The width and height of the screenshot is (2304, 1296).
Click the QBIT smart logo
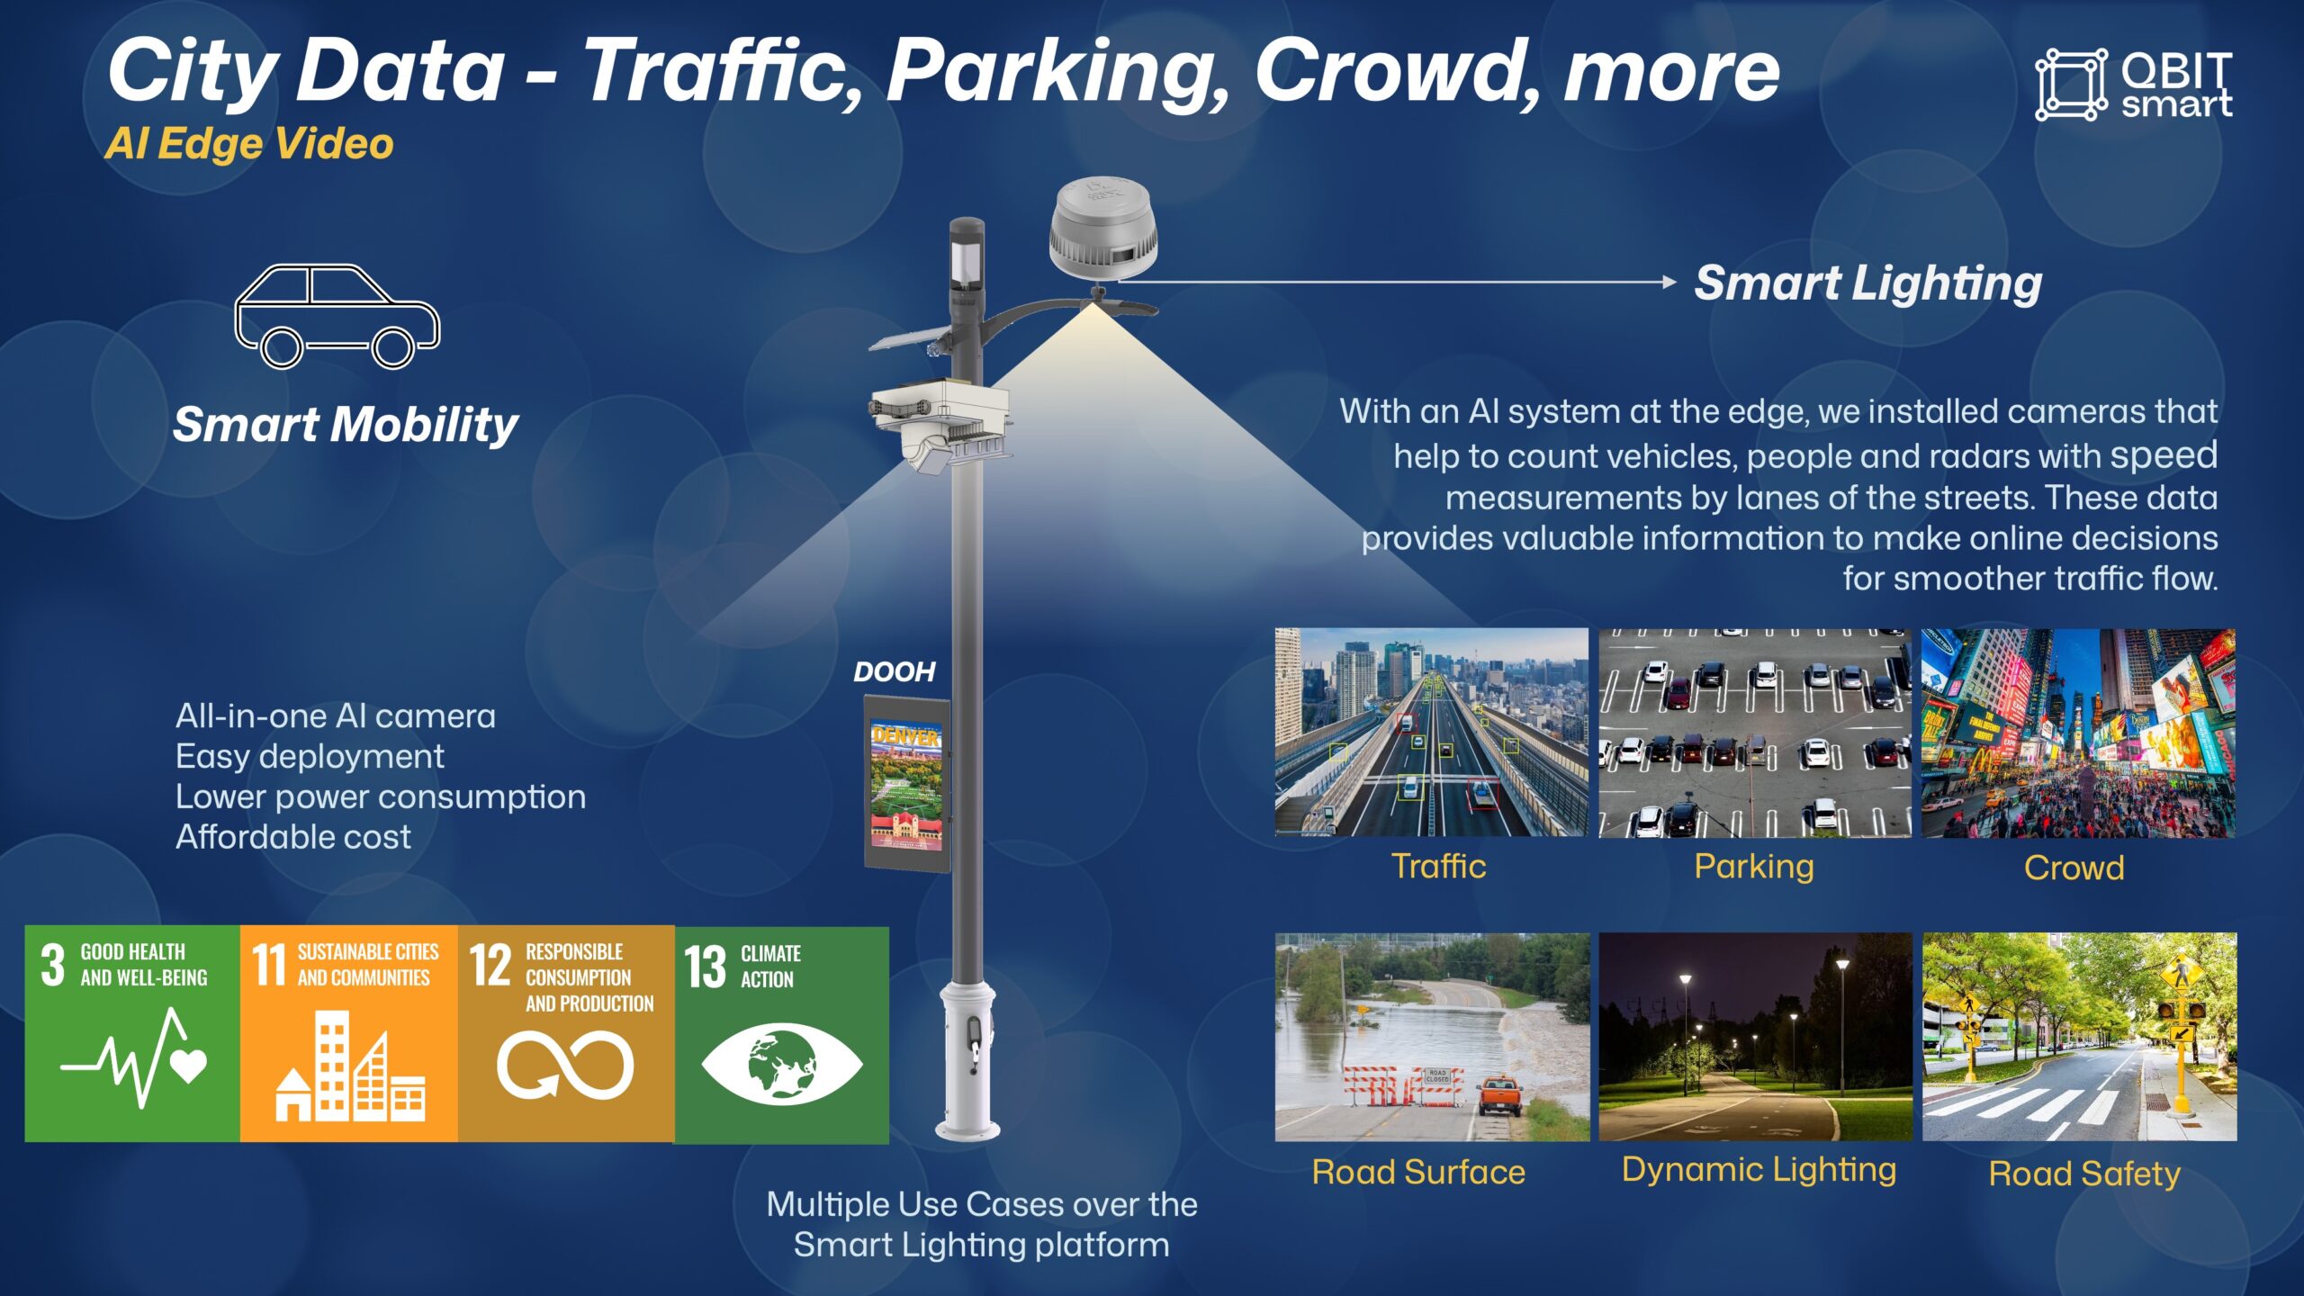point(2133,85)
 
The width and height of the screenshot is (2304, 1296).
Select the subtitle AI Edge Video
point(249,144)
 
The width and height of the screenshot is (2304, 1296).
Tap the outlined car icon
point(337,316)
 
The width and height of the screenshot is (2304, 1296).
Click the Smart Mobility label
point(346,424)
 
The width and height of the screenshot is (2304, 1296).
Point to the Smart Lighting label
point(1868,283)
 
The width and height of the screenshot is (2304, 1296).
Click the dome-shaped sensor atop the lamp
point(1103,229)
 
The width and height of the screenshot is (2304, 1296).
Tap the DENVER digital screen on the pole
point(907,784)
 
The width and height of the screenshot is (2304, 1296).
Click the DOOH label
point(894,671)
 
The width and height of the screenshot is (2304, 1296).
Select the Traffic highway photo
point(1432,733)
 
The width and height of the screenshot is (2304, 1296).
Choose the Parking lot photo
point(1755,733)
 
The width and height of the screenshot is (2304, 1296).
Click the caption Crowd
point(2074,868)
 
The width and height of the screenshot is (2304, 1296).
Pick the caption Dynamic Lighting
point(1759,1170)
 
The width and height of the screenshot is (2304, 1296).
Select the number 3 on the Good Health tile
point(53,965)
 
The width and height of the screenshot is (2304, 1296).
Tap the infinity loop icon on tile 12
point(565,1066)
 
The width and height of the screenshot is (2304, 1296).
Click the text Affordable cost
point(293,837)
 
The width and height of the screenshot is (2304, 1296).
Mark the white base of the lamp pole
point(967,1062)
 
